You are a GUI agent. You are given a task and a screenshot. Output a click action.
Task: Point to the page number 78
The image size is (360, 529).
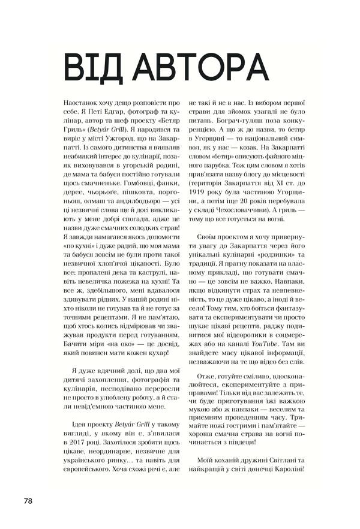tap(29, 500)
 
